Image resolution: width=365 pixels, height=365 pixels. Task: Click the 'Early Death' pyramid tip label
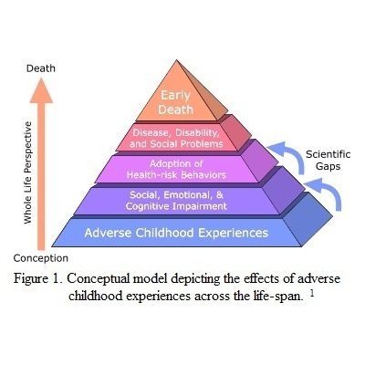coord(175,102)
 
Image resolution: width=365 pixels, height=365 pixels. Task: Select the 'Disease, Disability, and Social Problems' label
coord(176,138)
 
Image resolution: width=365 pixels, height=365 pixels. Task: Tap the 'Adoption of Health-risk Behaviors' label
coord(176,169)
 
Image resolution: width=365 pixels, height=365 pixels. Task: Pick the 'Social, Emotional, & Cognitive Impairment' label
coord(176,201)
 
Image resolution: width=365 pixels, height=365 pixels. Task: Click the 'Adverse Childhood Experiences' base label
coord(176,233)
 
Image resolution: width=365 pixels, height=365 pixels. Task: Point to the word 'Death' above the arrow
coord(41,68)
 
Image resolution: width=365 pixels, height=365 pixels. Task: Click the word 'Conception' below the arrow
coord(41,258)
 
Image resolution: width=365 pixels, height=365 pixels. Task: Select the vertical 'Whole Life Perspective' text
coord(27,172)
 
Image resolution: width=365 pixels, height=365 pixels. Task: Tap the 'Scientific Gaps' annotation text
coord(328,161)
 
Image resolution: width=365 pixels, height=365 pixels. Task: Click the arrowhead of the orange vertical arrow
coord(41,90)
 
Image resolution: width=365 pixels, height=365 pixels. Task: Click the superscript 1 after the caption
coord(311,294)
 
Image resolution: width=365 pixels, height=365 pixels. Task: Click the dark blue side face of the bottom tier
coord(308,220)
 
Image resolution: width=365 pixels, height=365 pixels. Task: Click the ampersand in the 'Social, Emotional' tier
coord(220,194)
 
